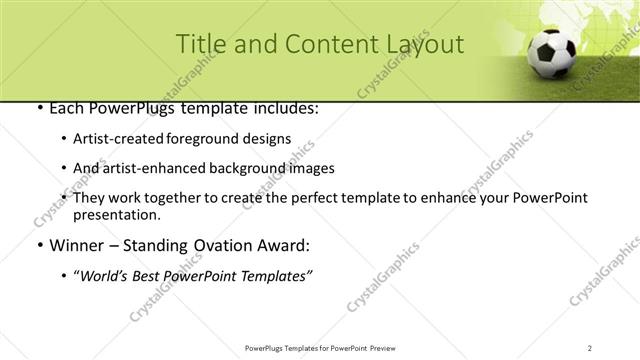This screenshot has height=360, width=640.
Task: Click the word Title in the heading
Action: tap(200, 44)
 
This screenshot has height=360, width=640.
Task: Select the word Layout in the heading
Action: tap(423, 44)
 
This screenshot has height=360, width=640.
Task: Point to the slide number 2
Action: tap(590, 347)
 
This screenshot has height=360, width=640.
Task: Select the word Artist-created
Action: tap(112, 139)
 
